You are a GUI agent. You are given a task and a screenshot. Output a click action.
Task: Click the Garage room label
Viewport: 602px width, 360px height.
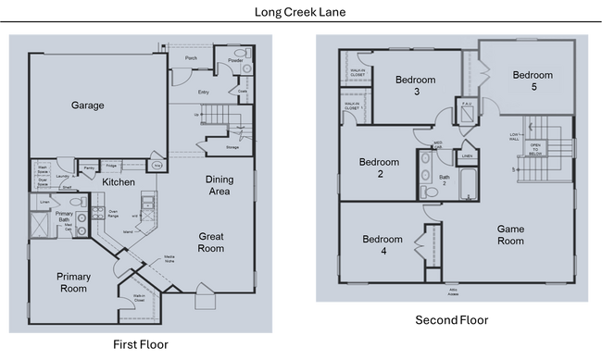point(88,106)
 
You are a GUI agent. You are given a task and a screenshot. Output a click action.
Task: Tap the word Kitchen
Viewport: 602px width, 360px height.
point(119,181)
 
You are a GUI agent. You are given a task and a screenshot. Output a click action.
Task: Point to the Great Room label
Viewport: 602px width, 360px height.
point(211,242)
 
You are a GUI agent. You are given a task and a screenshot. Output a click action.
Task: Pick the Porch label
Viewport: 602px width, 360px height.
point(192,58)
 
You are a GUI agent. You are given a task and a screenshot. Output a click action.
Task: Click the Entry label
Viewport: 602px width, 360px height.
point(203,93)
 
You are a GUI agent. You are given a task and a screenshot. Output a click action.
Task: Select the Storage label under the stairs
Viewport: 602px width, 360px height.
point(232,147)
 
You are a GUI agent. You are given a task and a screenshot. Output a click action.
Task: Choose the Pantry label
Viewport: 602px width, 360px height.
point(89,168)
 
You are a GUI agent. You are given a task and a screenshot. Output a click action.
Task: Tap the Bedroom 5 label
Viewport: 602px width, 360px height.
point(533,81)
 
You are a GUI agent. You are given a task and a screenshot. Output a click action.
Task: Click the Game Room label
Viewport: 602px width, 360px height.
point(511,234)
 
